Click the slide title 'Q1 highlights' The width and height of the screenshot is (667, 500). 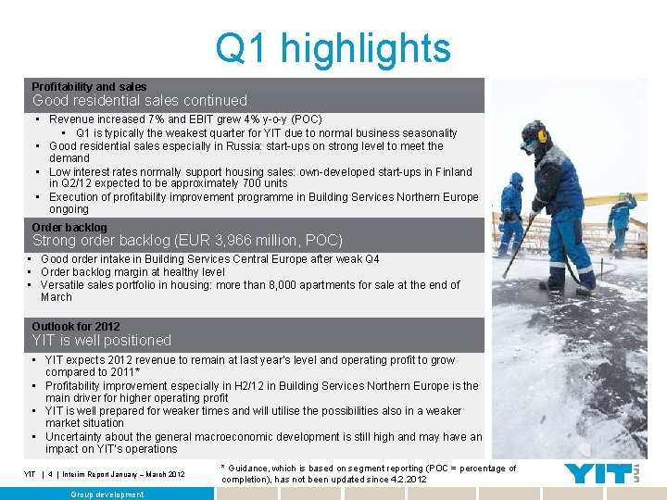[x=333, y=48]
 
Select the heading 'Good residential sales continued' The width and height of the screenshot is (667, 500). [x=140, y=100]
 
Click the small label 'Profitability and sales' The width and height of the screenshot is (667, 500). [x=89, y=86]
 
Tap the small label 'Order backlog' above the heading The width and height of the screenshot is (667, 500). [x=69, y=227]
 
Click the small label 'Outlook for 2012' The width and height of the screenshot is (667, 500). [x=76, y=327]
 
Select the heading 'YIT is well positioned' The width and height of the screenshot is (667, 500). [x=102, y=341]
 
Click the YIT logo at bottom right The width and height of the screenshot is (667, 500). [x=603, y=473]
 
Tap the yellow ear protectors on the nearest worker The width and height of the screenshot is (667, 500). [x=541, y=137]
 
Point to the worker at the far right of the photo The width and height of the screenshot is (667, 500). [x=622, y=222]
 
